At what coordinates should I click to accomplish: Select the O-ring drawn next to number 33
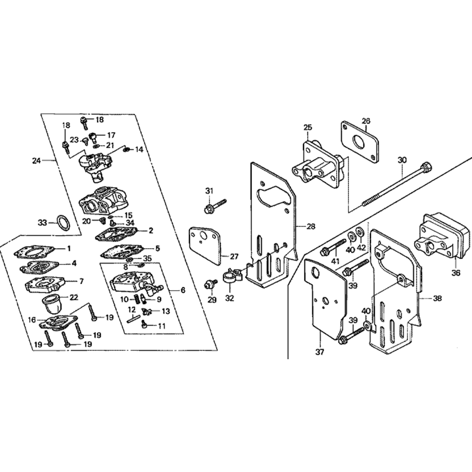coord(63,222)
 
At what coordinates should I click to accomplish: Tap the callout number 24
coord(36,161)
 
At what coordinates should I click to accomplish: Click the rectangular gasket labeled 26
coord(360,142)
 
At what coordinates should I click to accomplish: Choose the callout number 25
coord(308,127)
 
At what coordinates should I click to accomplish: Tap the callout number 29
coord(211,300)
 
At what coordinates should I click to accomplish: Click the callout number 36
coord(455,272)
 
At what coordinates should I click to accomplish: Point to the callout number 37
coord(320,351)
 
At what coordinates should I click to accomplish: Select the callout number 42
coord(361,249)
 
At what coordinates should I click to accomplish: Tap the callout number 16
coord(31,320)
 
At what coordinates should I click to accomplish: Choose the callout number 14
coord(139,150)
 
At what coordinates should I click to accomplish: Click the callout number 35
coord(148,258)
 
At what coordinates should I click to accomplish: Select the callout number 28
coord(311,227)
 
